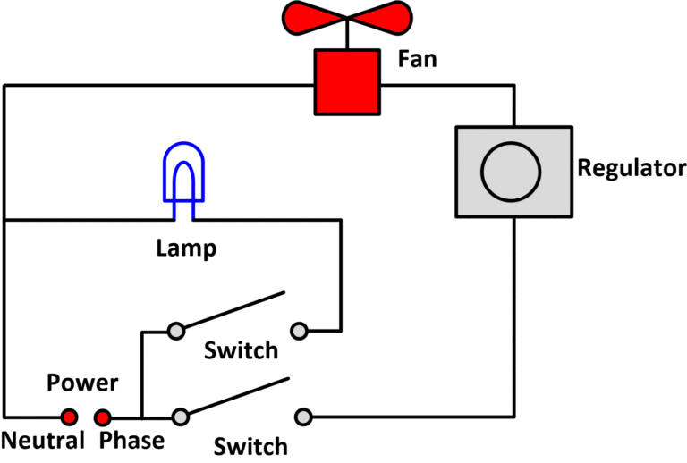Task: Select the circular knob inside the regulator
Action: [512, 171]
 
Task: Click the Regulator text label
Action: [632, 168]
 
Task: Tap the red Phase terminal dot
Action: [103, 417]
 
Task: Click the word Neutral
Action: [42, 441]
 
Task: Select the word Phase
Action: [131, 441]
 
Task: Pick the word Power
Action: [82, 383]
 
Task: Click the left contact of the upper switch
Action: [176, 330]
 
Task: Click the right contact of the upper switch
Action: [300, 331]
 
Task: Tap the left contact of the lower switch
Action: [181, 417]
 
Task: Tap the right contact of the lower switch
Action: [304, 417]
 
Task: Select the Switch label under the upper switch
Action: [241, 349]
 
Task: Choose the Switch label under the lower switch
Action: [250, 446]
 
